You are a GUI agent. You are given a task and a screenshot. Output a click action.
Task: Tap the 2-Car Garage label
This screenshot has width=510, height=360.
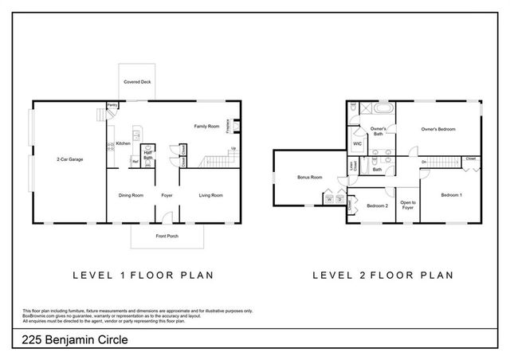pyautogui.click(x=69, y=159)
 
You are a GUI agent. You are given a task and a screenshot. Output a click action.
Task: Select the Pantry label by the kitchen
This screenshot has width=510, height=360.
pyautogui.click(x=112, y=105)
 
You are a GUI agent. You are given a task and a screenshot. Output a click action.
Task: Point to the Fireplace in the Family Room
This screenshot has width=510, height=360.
pyautogui.click(x=228, y=126)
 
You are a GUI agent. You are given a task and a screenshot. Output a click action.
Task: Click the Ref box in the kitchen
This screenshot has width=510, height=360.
pyautogui.click(x=135, y=162)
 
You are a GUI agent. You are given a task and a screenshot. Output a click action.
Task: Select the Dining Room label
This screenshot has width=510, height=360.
pyautogui.click(x=131, y=195)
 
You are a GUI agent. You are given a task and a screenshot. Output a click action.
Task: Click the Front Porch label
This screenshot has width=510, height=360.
pyautogui.click(x=167, y=237)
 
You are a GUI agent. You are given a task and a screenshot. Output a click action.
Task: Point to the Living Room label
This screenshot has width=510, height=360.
pyautogui.click(x=210, y=195)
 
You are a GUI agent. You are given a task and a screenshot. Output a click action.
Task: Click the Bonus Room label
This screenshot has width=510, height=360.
pyautogui.click(x=309, y=177)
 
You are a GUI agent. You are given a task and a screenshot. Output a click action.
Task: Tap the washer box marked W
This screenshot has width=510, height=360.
pyautogui.click(x=328, y=200)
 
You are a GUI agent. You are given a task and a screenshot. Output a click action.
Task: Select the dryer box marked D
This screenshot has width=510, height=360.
pyautogui.click(x=338, y=200)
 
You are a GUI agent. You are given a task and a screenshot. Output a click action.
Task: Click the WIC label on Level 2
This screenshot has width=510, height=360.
pyautogui.click(x=358, y=144)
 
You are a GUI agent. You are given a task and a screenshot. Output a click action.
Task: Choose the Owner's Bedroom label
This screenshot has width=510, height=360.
pyautogui.click(x=438, y=129)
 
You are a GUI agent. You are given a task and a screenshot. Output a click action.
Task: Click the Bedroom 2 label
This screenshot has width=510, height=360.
pyautogui.click(x=376, y=206)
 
